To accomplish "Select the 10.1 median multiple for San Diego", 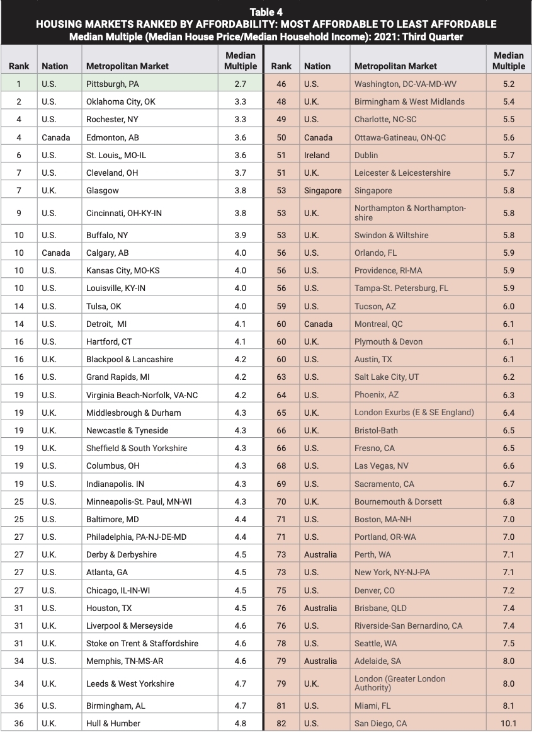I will [x=508, y=723].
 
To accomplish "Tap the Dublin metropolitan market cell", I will [x=366, y=155].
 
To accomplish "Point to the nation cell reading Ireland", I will [x=317, y=155].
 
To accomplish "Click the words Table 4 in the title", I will [x=266, y=12].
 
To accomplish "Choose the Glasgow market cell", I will [x=103, y=190].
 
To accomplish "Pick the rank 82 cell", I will [x=281, y=723].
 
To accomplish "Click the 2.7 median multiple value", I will [x=240, y=83].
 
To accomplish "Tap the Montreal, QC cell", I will [x=378, y=324].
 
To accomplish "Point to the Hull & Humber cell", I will [x=113, y=723].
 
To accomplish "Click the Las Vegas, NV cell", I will [x=382, y=466].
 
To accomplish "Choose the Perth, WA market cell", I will [x=373, y=555].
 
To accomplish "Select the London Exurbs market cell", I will [x=414, y=413].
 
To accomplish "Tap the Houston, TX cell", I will [x=109, y=608].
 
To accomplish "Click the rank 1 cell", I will [x=19, y=83].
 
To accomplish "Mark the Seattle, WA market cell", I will [x=377, y=643].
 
